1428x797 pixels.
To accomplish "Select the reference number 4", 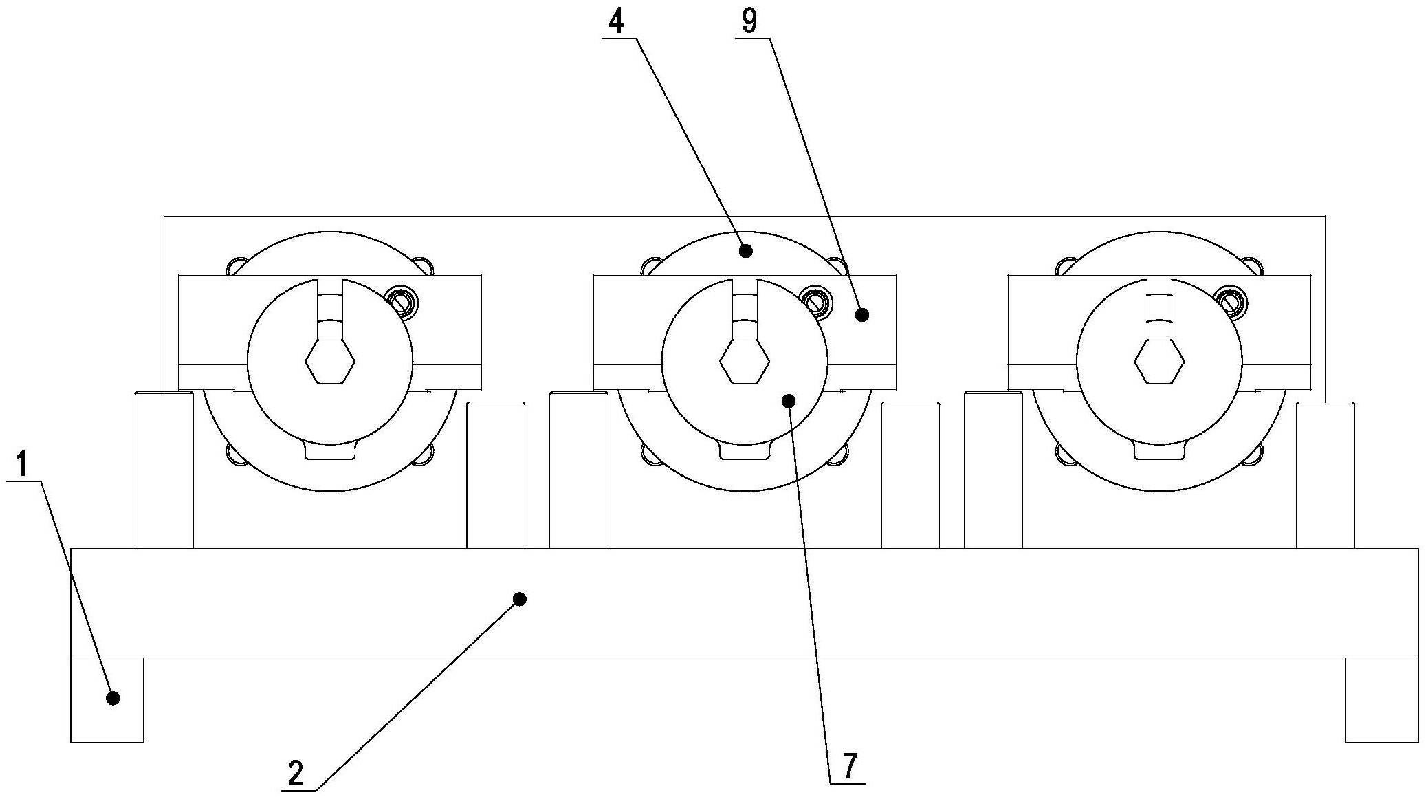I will [616, 22].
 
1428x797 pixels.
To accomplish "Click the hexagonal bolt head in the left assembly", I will [330, 360].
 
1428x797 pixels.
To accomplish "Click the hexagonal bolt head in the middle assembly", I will [745, 360].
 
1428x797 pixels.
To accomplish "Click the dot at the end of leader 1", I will [113, 698].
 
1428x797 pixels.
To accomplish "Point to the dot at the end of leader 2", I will [520, 599].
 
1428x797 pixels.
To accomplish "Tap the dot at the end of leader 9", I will [862, 315].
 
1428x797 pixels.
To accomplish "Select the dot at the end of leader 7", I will [789, 400].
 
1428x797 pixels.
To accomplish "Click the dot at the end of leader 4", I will [746, 250].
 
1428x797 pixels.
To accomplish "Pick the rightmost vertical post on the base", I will [1325, 475].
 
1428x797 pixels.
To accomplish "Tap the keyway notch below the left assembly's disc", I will [330, 452].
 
